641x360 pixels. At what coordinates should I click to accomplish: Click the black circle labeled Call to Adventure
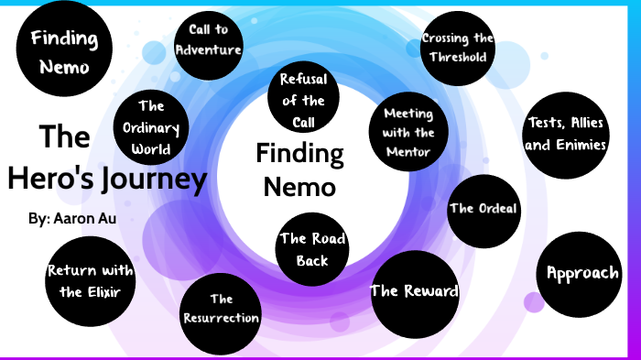tap(208, 40)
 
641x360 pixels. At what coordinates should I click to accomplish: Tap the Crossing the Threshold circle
tap(458, 48)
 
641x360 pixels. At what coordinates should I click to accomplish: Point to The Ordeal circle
tap(483, 209)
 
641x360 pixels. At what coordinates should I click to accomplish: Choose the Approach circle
tap(582, 273)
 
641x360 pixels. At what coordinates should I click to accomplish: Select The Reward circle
tap(414, 292)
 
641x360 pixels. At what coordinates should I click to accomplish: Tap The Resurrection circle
tap(221, 309)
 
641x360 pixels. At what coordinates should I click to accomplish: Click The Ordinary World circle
tap(151, 128)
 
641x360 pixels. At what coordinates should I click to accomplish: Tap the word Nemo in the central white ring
tap(299, 186)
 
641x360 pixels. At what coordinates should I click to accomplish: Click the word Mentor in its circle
tap(408, 152)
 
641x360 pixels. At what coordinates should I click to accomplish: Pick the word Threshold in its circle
tap(458, 56)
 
